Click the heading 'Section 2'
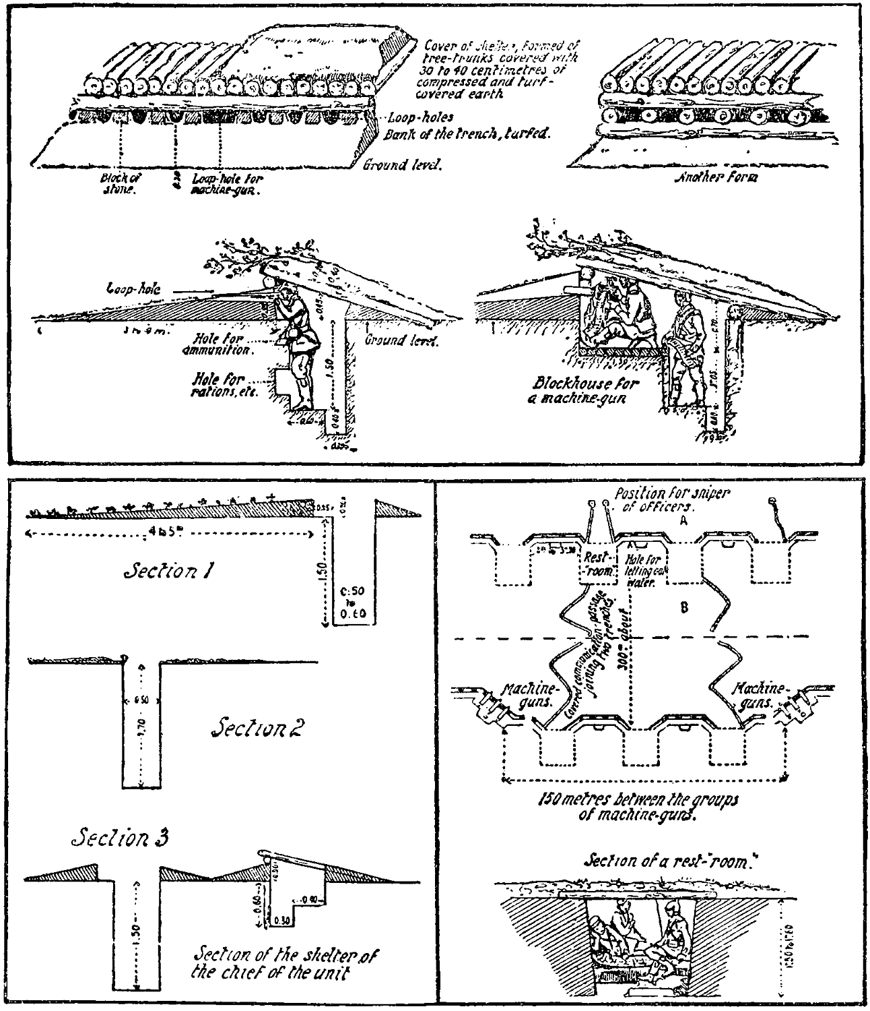[x=255, y=729]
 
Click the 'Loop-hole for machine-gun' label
[x=227, y=183]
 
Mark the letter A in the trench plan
[x=683, y=521]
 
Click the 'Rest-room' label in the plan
[x=597, y=564]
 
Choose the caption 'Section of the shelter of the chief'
[x=284, y=964]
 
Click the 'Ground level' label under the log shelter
[x=402, y=164]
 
